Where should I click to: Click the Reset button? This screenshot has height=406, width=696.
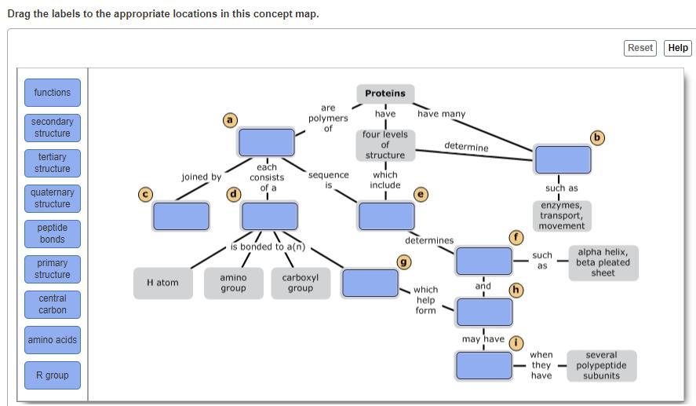[x=640, y=48]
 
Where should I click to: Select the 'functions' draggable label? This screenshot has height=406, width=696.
[x=53, y=93]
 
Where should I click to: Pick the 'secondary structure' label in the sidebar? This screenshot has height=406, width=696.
[x=53, y=127]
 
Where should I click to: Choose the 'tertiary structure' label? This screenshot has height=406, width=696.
[x=53, y=163]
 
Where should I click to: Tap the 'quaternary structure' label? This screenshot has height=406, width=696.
[x=53, y=198]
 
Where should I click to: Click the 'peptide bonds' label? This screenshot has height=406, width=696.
[x=53, y=233]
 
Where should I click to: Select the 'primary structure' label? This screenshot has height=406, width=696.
[x=53, y=269]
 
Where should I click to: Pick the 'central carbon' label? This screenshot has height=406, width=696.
[x=53, y=304]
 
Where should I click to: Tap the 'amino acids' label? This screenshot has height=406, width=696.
[x=53, y=340]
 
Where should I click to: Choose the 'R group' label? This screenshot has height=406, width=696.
[x=53, y=375]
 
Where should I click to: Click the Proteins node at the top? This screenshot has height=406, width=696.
[x=385, y=93]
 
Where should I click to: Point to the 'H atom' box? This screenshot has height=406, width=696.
[x=162, y=283]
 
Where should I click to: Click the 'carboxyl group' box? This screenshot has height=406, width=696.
[x=301, y=283]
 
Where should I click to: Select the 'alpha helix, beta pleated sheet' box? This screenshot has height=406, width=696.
[x=603, y=262]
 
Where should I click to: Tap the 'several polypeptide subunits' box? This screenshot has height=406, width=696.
[x=601, y=365]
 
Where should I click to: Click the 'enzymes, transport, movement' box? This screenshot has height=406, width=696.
[x=561, y=215]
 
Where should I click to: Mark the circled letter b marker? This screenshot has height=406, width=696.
[x=598, y=137]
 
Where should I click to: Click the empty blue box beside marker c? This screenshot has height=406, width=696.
[x=181, y=216]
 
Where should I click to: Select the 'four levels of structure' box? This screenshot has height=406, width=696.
[x=385, y=144]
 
